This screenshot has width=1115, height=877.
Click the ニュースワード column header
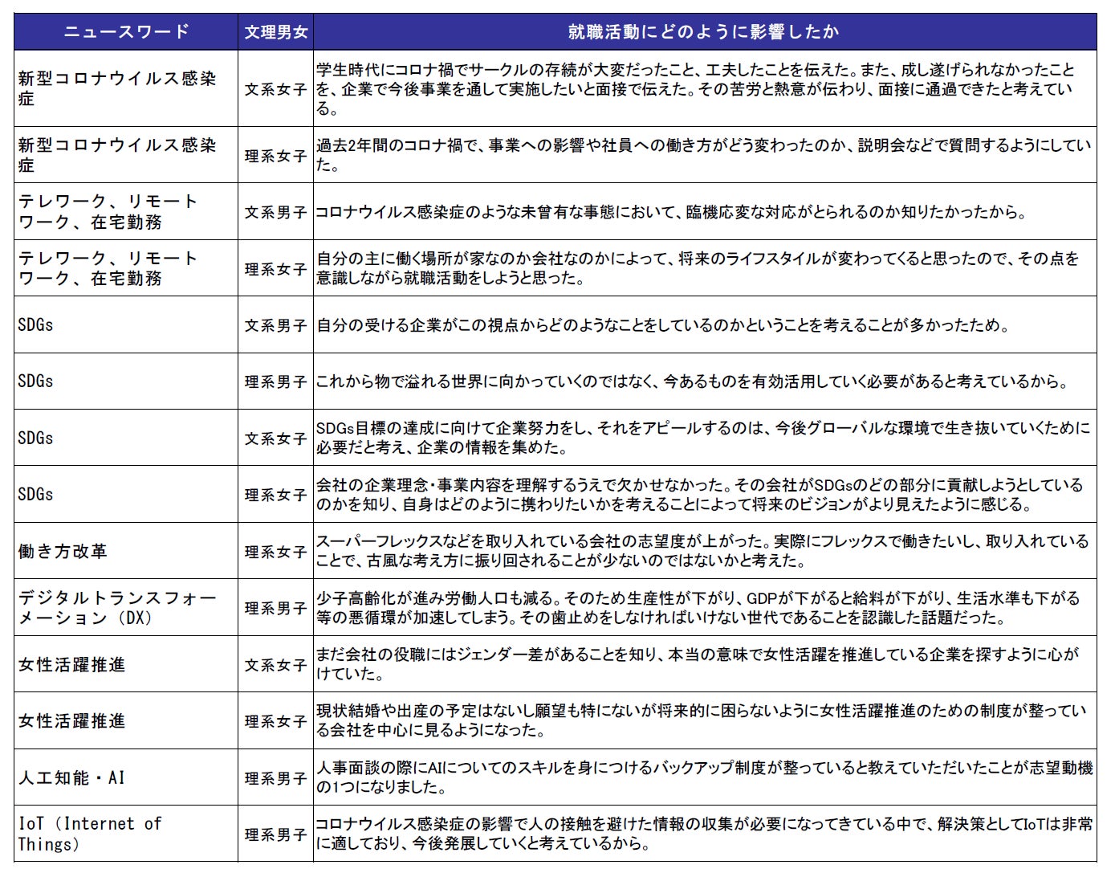[126, 32]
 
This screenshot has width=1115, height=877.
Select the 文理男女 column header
[275, 32]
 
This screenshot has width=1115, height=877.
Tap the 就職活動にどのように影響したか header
[704, 32]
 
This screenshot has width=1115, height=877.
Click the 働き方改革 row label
[63, 552]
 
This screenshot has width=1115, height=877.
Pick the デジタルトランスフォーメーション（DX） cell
[117, 608]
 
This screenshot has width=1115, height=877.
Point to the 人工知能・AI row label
[71, 777]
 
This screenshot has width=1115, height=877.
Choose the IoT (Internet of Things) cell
[89, 834]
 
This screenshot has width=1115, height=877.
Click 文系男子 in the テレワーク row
[275, 213]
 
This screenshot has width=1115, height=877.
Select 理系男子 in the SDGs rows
[275, 382]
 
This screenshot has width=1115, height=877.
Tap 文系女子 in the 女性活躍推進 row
[275, 665]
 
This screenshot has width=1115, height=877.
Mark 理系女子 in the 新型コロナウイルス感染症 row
[275, 156]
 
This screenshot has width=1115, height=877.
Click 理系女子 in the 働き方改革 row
[275, 552]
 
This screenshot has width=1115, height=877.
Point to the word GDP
[763, 599]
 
